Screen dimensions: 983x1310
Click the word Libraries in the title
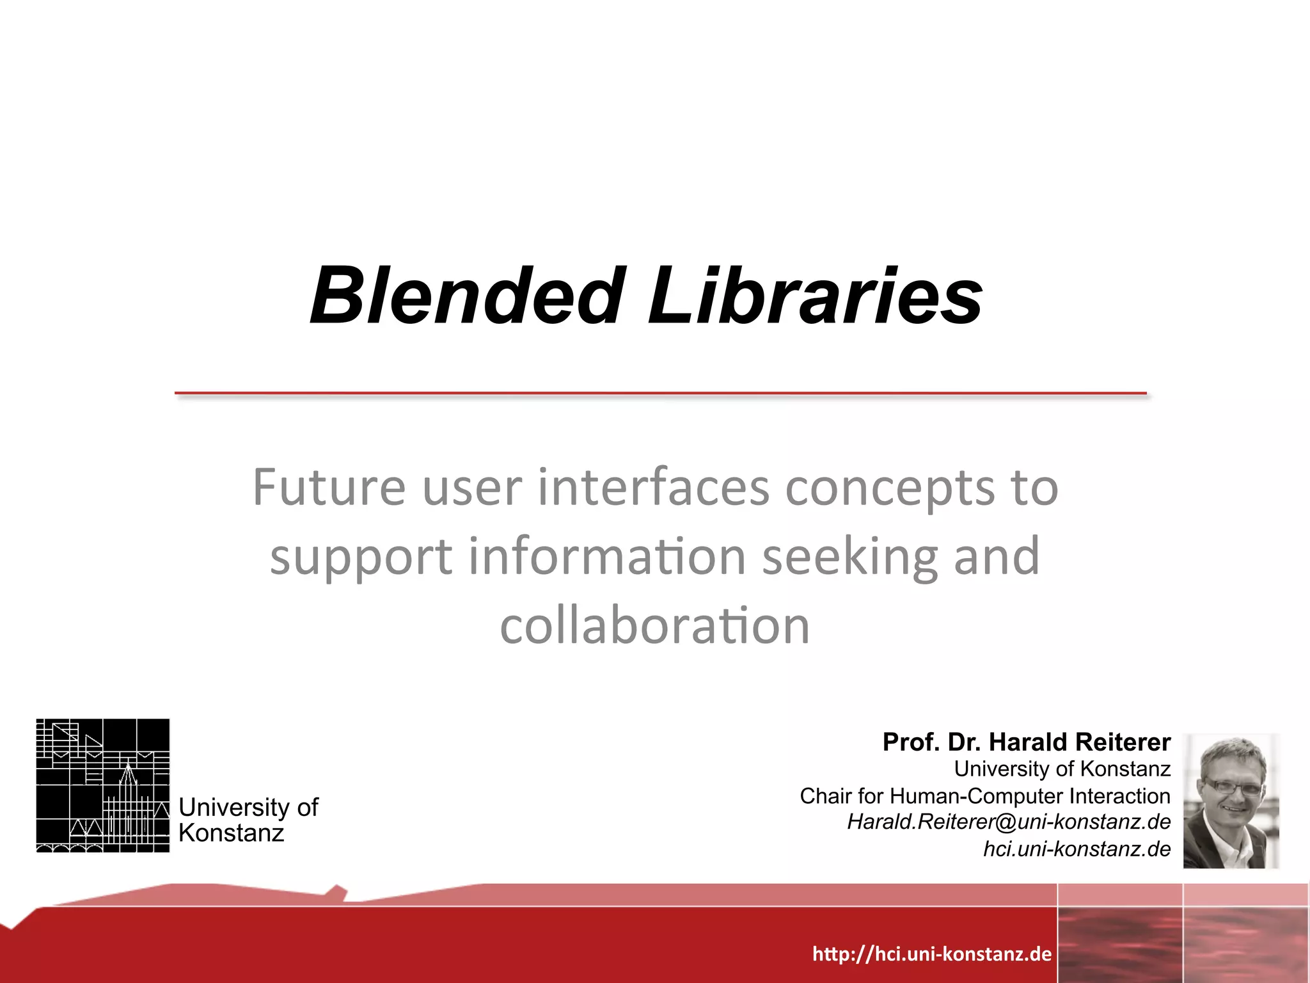tap(815, 296)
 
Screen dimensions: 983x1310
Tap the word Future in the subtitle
tap(329, 488)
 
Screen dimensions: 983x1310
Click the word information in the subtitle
tap(607, 556)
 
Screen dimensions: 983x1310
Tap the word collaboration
tap(654, 625)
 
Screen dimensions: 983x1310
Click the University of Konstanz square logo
tap(103, 785)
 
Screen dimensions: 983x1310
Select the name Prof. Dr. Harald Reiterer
tap(1026, 742)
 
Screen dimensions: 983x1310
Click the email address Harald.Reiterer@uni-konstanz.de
tap(1009, 822)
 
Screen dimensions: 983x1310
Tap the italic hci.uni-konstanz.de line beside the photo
tap(1077, 849)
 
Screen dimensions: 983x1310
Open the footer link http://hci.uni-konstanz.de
tap(931, 954)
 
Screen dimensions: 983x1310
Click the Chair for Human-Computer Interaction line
tap(984, 796)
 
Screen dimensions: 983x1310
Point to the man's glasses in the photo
tap(1232, 787)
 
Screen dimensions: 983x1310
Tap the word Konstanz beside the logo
tap(231, 833)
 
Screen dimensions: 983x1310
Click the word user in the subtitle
tap(472, 488)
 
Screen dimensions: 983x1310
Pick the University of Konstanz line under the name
tap(1062, 769)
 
